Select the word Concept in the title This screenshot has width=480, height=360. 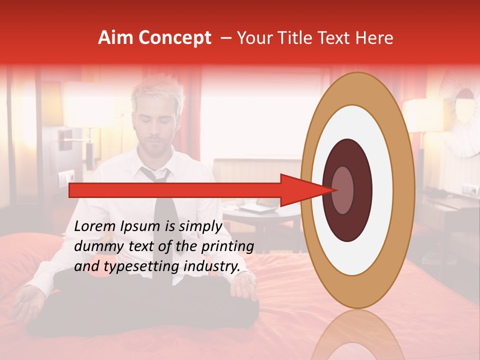pos(175,38)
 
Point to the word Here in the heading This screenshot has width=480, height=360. pos(375,38)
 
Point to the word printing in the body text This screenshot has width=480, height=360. pos(228,246)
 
